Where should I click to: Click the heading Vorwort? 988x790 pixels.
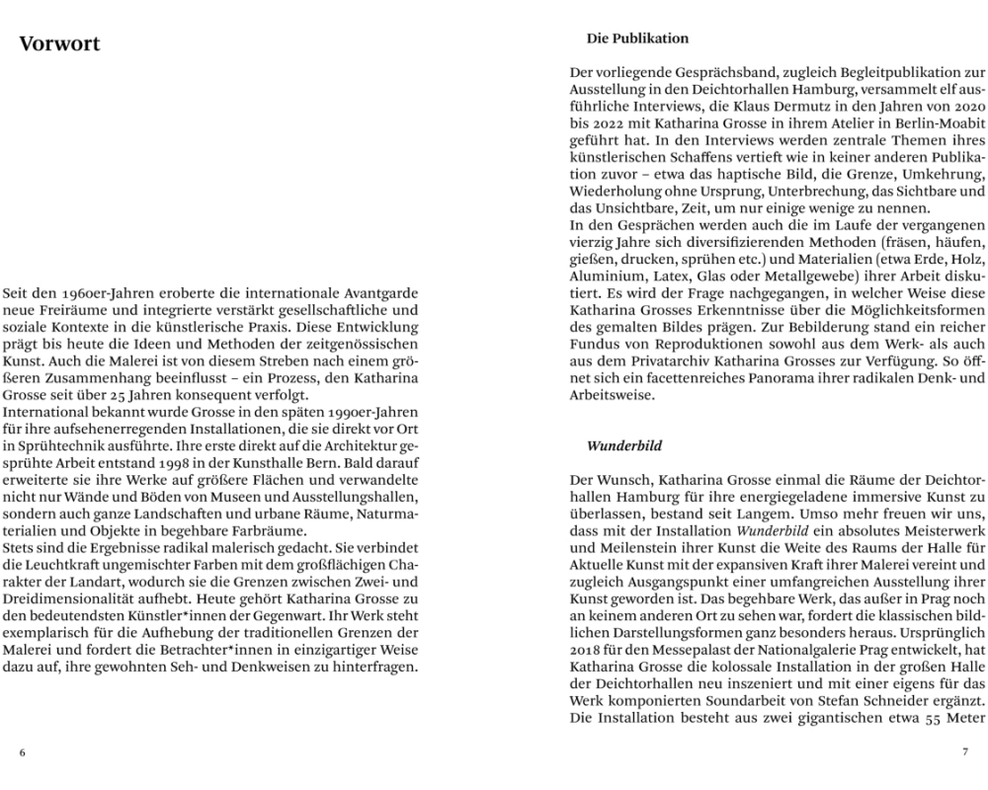pos(59,44)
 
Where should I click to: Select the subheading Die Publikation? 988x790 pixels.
pos(637,39)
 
